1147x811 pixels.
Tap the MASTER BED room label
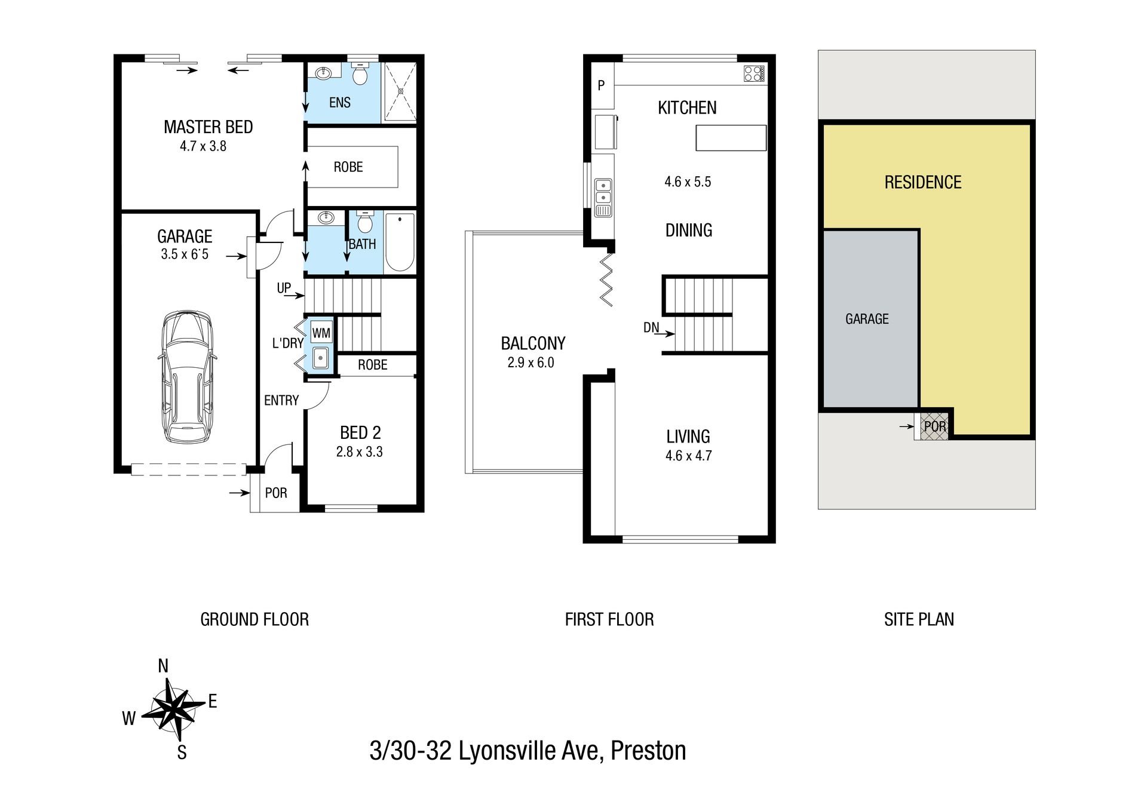[208, 127]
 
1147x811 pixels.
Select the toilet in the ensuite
[360, 73]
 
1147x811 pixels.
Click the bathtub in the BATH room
[400, 242]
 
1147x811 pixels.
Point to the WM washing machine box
[321, 333]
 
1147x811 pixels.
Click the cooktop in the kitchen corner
[754, 73]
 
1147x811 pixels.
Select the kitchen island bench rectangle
[731, 137]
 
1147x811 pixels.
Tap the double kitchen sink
[603, 197]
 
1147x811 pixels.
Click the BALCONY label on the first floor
[533, 343]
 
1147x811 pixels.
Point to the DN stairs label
[651, 327]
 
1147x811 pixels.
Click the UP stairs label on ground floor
[284, 288]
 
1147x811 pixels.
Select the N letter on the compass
[163, 666]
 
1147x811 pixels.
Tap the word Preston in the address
[648, 751]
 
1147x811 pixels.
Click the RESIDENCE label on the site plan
[923, 182]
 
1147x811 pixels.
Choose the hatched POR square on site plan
[934, 426]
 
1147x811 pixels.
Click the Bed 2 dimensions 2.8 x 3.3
[360, 452]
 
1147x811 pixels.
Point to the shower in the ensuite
[400, 92]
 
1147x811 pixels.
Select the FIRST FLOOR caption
[609, 619]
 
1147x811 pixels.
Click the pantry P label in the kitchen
[602, 85]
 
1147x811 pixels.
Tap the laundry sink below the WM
[321, 357]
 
